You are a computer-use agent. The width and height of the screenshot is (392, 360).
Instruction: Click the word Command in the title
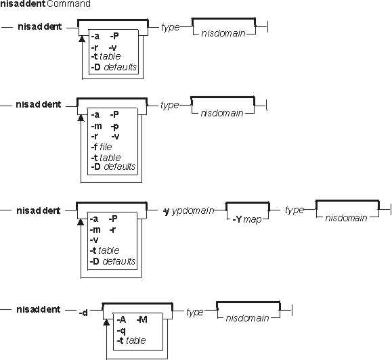point(68,4)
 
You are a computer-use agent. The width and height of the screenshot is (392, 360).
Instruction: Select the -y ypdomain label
point(189,211)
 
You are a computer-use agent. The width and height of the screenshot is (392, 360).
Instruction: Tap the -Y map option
point(247,220)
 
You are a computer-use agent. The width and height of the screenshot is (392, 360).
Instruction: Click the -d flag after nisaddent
point(83,313)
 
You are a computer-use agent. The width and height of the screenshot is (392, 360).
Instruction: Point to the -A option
point(121,319)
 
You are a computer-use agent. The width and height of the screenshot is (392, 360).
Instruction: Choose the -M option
point(141,319)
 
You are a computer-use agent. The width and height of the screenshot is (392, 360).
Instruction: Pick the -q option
point(121,331)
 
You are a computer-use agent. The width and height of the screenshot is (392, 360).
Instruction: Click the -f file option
point(102,147)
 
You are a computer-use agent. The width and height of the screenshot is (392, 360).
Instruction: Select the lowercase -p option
point(114,127)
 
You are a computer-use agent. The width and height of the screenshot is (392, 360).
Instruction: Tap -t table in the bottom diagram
point(131,340)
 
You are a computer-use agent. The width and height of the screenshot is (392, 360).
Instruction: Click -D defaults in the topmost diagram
point(114,67)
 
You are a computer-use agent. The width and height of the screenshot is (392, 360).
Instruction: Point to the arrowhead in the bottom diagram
point(106,322)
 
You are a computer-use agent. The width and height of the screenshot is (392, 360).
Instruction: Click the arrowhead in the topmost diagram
point(82,39)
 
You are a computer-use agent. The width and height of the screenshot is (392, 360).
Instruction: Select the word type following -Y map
point(295,210)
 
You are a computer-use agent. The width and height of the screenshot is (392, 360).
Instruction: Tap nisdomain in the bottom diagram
point(247,318)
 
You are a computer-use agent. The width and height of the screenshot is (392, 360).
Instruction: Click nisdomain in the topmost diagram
point(223,33)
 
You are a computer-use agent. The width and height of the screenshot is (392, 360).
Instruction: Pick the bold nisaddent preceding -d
point(38,309)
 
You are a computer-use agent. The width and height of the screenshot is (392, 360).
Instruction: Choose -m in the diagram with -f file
point(96,126)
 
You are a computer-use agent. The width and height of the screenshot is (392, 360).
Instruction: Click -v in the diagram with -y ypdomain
point(94,240)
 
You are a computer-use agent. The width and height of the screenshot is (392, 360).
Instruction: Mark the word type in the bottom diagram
point(194,312)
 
